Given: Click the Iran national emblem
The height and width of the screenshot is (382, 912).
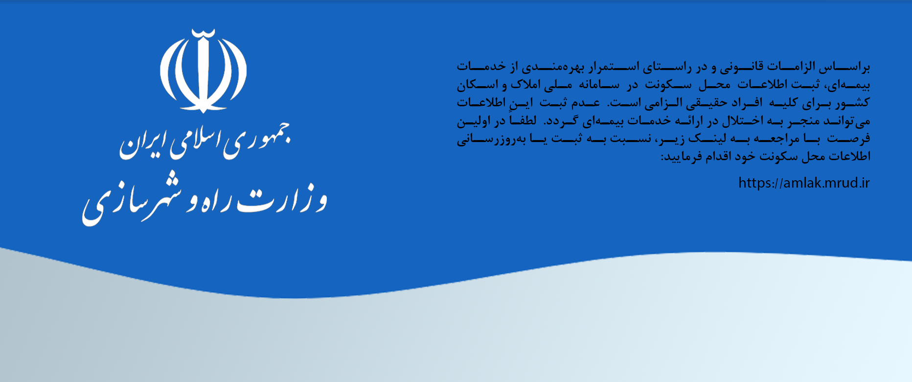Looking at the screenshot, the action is point(203,71).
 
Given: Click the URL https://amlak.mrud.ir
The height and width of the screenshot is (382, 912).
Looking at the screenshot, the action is point(804,183).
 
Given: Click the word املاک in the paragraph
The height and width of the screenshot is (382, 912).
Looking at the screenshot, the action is point(525,85).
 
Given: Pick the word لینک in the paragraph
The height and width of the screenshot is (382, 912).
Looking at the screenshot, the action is point(707,139).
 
